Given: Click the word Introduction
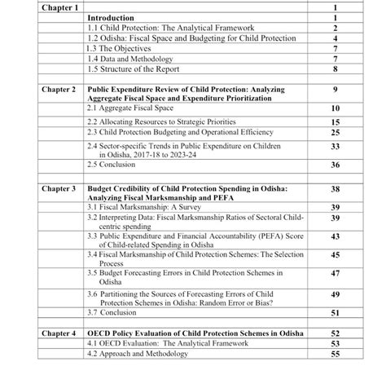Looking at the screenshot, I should point(112,16).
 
